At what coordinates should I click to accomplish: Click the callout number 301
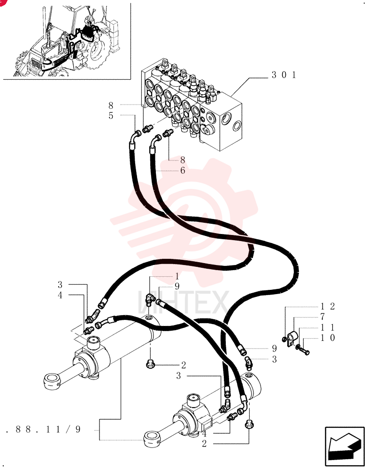pyautogui.click(x=284, y=75)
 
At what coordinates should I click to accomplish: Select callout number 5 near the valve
pyautogui.click(x=111, y=115)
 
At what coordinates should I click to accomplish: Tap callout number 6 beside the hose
pyautogui.click(x=182, y=171)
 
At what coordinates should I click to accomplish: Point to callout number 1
pyautogui.click(x=176, y=276)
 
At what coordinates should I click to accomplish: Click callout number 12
pyautogui.click(x=328, y=306)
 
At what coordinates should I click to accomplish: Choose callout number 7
pyautogui.click(x=322, y=317)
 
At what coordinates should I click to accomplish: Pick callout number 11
pyautogui.click(x=328, y=327)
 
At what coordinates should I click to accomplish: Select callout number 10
pyautogui.click(x=328, y=338)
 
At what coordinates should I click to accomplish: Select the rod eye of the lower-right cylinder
pyautogui.click(x=153, y=439)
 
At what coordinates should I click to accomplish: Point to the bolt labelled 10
pyautogui.click(x=305, y=351)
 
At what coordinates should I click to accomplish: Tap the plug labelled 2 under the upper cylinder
pyautogui.click(x=150, y=364)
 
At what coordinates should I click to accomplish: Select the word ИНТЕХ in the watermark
pyautogui.click(x=183, y=302)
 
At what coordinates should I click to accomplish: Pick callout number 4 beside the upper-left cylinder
pyautogui.click(x=60, y=295)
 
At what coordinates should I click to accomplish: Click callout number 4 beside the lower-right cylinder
pyautogui.click(x=205, y=433)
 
